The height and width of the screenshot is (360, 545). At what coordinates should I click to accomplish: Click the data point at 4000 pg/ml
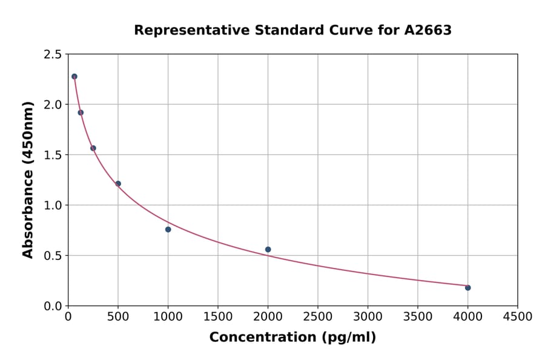(x=467, y=287)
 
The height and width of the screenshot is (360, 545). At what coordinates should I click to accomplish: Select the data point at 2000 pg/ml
(x=268, y=249)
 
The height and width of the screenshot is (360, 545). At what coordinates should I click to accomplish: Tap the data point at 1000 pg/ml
(x=168, y=229)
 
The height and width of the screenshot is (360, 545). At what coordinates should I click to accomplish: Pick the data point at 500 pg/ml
(x=118, y=184)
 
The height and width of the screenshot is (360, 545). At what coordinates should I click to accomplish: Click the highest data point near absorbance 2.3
(x=74, y=76)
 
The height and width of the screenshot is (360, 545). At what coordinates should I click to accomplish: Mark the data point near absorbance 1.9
(x=81, y=112)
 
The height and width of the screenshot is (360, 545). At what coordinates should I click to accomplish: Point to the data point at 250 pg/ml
(x=93, y=148)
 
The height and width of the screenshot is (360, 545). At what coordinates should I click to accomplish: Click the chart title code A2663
(x=428, y=30)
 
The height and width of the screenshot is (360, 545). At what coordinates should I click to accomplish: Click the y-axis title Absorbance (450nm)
(x=28, y=179)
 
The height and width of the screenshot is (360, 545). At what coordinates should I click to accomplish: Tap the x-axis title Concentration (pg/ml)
(x=292, y=338)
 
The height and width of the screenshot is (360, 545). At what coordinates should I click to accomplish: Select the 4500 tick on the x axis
(x=517, y=316)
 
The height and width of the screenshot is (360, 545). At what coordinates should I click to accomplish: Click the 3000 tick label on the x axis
(x=368, y=316)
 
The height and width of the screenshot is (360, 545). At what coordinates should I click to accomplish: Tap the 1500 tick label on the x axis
(x=218, y=316)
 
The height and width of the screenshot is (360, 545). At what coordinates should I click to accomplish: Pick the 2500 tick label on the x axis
(x=318, y=316)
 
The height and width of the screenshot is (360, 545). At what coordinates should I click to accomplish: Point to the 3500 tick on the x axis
(x=418, y=316)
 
